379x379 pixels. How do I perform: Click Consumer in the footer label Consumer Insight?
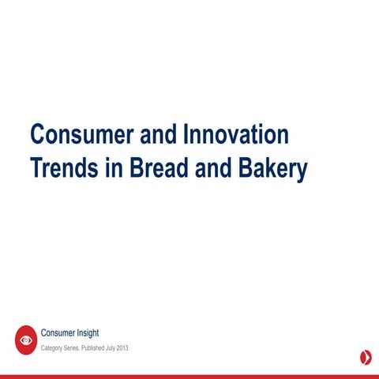[60, 333]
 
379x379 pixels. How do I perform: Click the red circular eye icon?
[26, 340]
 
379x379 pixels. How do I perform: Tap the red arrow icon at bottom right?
[366, 357]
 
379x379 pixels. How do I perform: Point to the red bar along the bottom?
[189, 376]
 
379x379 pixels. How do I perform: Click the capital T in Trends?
[36, 169]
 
